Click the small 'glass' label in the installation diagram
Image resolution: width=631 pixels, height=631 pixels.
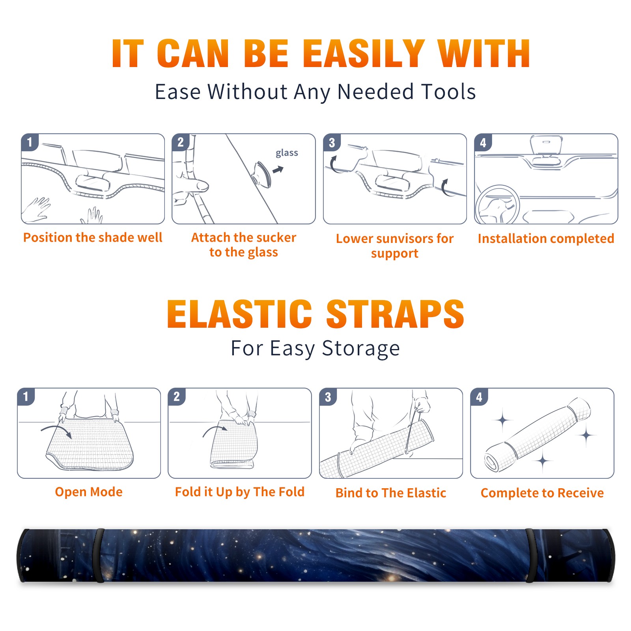click(287, 153)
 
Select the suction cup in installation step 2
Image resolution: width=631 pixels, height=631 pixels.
click(263, 174)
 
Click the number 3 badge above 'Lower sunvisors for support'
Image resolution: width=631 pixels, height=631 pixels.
click(332, 142)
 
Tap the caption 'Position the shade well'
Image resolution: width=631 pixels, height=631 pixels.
click(93, 237)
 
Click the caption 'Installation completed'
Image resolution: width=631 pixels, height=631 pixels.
click(546, 238)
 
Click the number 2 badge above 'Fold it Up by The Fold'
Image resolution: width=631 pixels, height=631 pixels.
click(176, 396)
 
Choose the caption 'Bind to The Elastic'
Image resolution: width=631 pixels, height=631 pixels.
click(390, 493)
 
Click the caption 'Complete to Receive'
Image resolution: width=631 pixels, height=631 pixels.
click(542, 493)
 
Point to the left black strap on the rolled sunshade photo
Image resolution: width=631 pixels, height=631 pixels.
click(99, 555)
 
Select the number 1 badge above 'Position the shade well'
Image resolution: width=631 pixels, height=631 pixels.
click(30, 142)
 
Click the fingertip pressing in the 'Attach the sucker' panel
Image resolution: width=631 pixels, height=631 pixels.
click(202, 185)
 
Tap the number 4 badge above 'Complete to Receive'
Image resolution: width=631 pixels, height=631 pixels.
click(479, 397)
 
